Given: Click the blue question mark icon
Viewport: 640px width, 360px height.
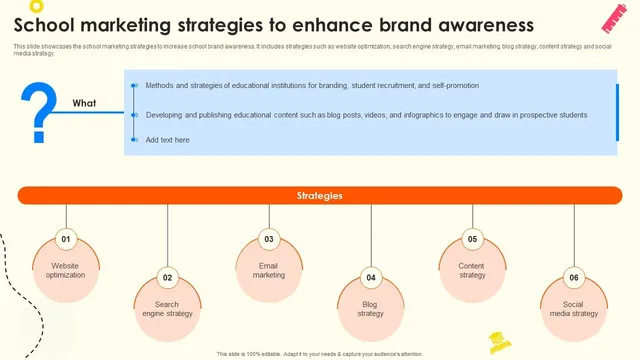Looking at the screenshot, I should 39,111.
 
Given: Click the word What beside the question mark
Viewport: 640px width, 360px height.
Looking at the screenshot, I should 85,103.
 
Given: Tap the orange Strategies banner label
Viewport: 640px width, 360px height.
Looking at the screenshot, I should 320,196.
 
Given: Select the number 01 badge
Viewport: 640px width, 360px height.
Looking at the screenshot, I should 66,240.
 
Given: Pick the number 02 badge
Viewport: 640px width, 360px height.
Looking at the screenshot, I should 167,278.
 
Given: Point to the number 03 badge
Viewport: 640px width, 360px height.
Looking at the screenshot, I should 269,240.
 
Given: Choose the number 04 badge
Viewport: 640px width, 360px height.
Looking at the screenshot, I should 371,278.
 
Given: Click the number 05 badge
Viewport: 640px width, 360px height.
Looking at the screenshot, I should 472,240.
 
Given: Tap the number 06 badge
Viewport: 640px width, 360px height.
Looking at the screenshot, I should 574,278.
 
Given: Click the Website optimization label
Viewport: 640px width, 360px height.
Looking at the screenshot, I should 66,270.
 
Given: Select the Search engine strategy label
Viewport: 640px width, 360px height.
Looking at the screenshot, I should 167,309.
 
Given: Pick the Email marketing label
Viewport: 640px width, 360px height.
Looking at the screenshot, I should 269,270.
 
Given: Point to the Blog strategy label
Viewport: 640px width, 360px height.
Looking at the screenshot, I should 371,309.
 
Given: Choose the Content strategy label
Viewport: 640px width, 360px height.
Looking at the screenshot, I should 472,270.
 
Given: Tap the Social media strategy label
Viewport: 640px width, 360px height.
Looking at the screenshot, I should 574,309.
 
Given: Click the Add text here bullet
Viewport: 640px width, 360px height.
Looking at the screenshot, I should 167,140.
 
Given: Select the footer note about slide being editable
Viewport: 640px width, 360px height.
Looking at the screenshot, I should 320,353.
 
